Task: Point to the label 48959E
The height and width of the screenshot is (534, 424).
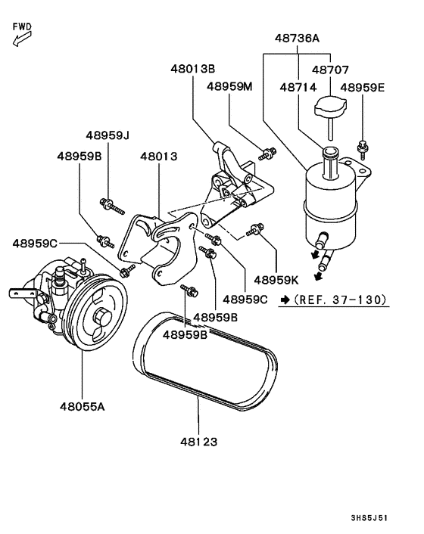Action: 362,88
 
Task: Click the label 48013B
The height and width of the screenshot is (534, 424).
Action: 192,70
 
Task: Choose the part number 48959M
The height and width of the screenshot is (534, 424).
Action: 229,87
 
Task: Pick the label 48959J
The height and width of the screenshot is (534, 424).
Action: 108,135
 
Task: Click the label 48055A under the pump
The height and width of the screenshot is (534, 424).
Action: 82,406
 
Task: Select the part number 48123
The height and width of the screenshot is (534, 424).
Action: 199,438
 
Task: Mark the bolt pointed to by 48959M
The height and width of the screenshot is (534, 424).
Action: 266,155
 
